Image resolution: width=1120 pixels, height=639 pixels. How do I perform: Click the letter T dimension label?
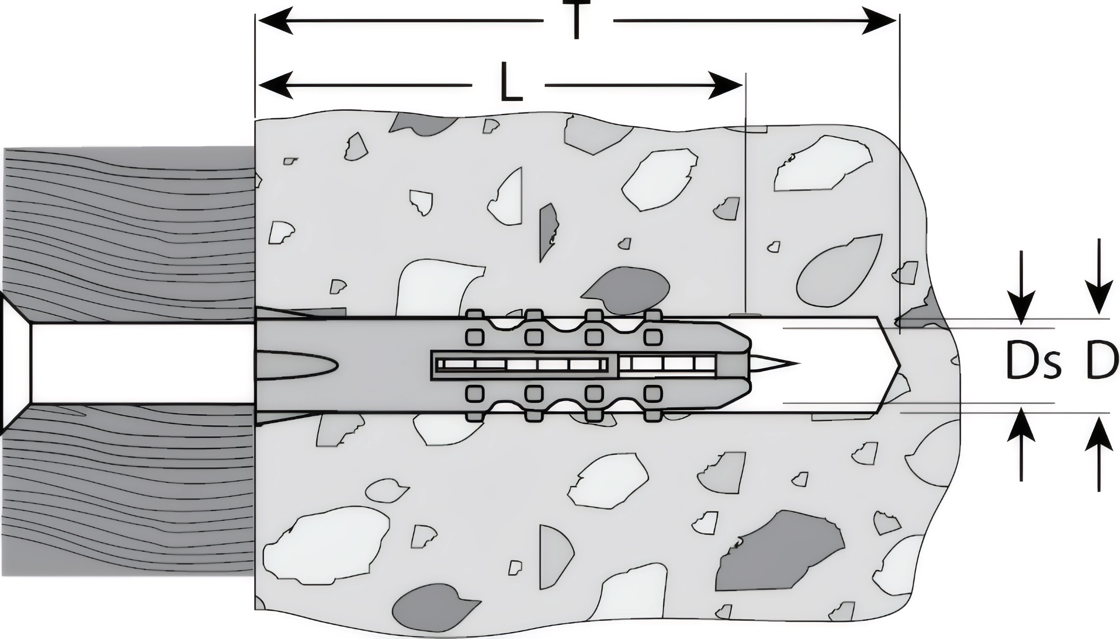(577, 20)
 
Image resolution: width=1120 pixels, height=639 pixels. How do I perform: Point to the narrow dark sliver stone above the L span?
(549, 230)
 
